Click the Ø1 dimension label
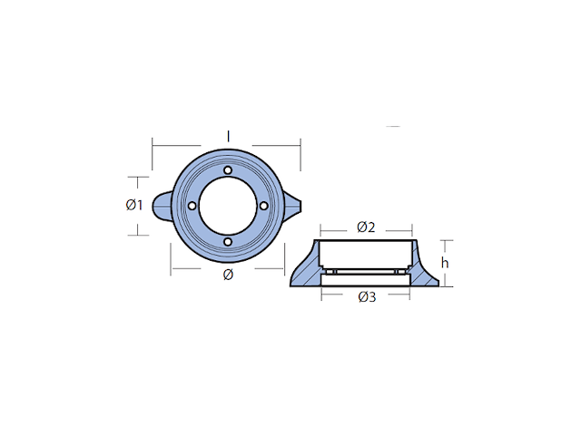tap(133, 205)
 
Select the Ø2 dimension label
tap(366, 227)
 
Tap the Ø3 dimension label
tap(367, 296)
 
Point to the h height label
tap(445, 263)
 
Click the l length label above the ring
tap(228, 137)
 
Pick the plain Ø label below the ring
tap(228, 275)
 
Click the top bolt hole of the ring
tap(228, 170)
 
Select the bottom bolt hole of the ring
tap(228, 242)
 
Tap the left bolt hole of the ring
tap(192, 206)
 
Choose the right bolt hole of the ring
tap(263, 206)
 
